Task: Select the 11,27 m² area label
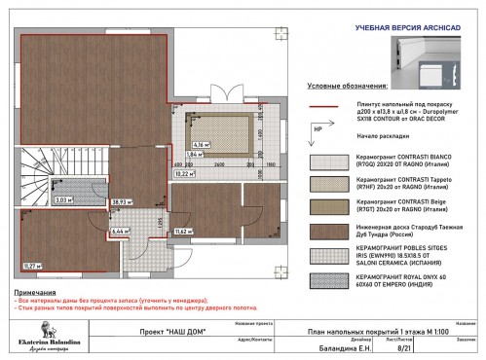[x=32, y=265]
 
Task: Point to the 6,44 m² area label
[x=120, y=233]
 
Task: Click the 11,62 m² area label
[x=183, y=232]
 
